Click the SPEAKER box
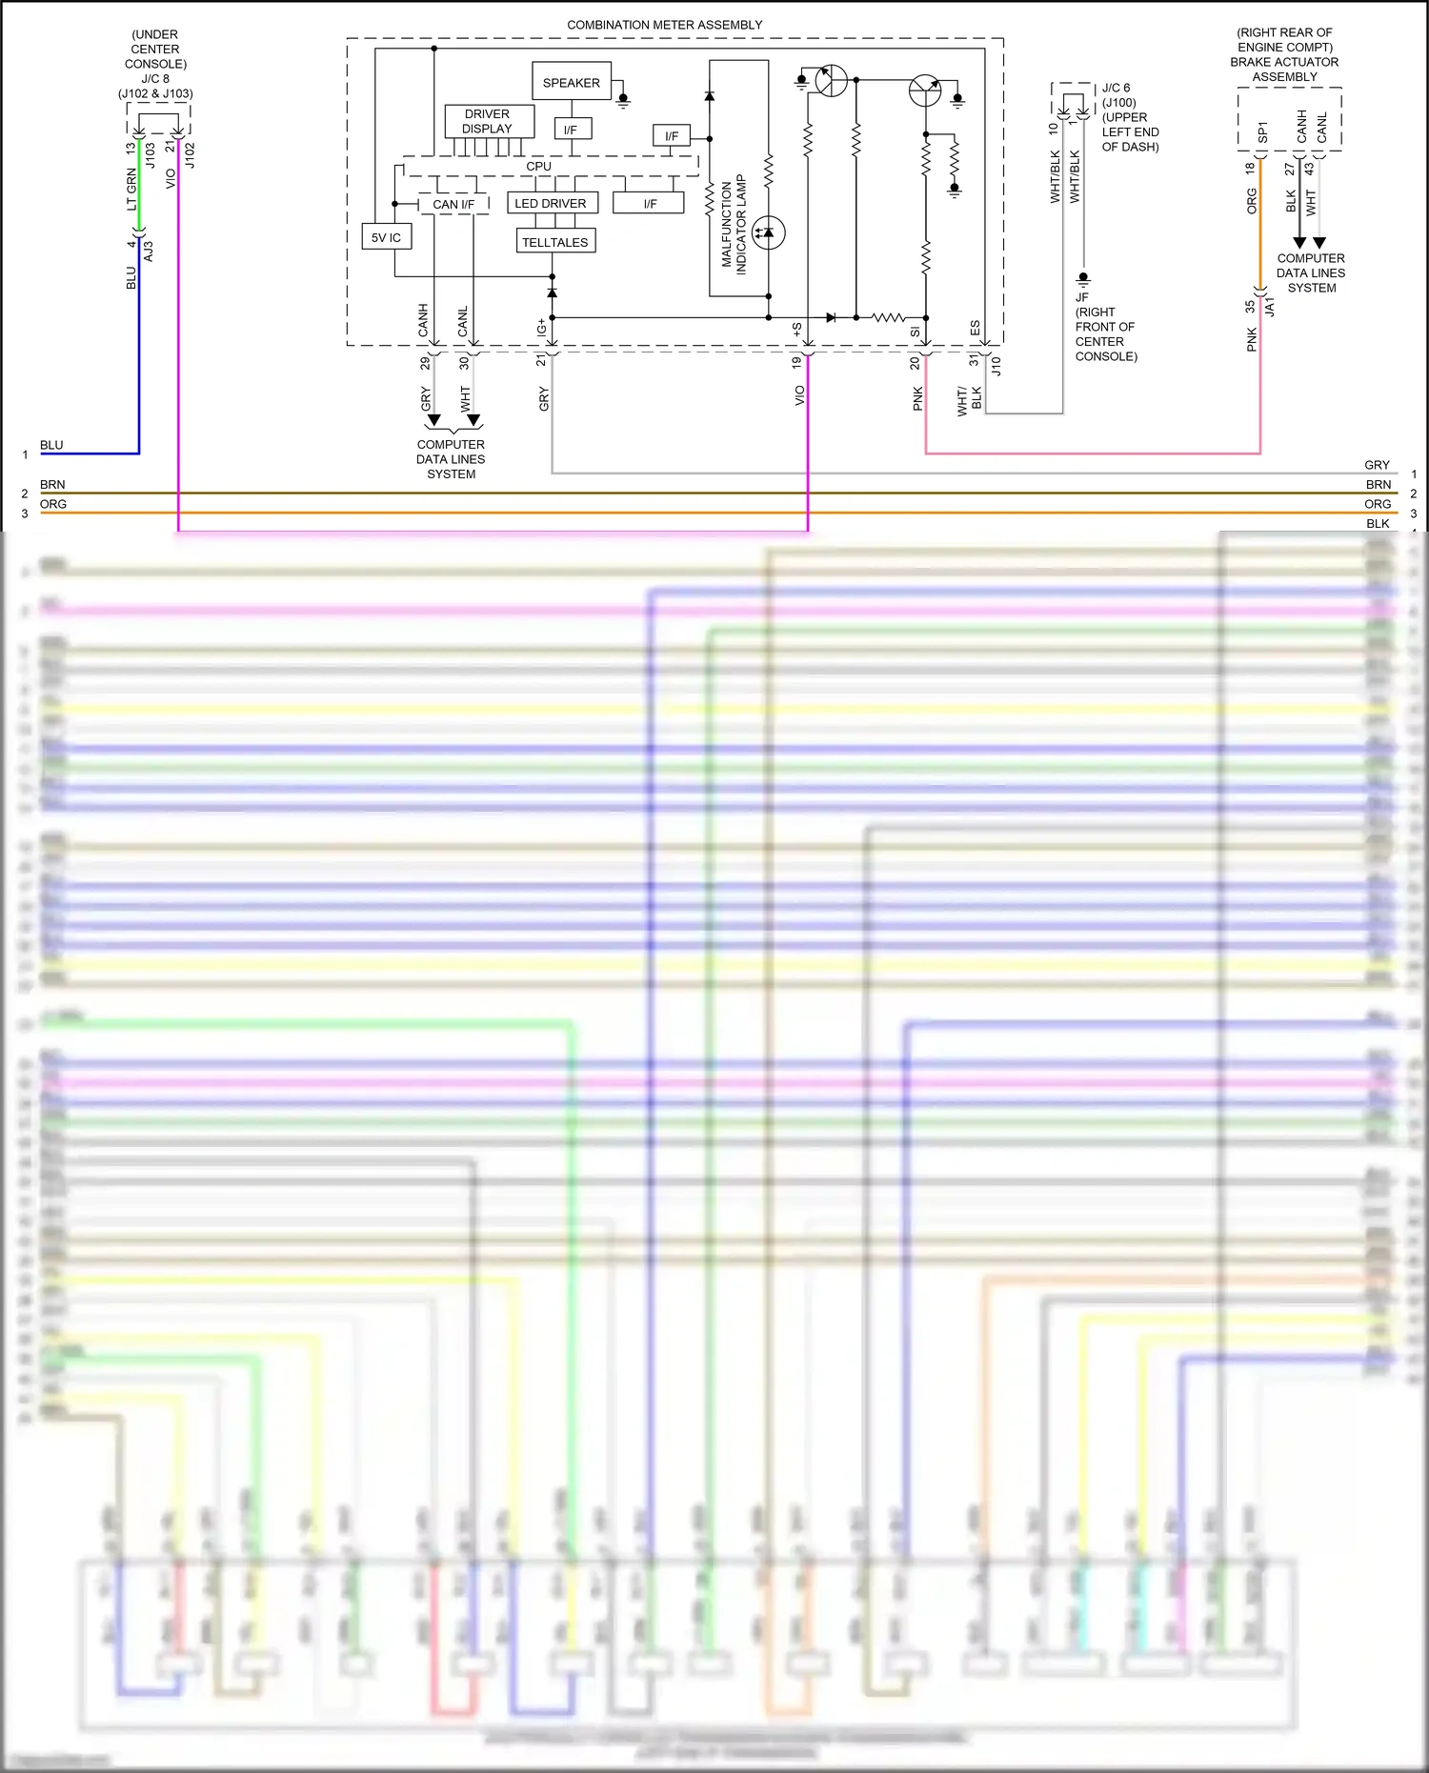pos(571,83)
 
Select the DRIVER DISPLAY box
pos(488,121)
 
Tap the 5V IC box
pos(386,237)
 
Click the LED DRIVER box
pos(551,203)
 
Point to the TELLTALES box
pos(555,242)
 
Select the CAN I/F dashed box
pos(453,204)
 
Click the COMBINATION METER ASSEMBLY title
pos(664,25)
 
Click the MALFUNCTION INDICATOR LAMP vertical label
pos(734,225)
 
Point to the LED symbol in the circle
pos(768,232)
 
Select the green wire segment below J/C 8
pos(139,186)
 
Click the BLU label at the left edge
pos(51,445)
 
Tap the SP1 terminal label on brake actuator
pos(1262,131)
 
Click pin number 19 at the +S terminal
pos(796,363)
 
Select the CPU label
pos(538,166)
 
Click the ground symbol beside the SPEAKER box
pos(623,99)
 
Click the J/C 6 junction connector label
pos(1117,88)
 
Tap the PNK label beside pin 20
pos(917,398)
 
